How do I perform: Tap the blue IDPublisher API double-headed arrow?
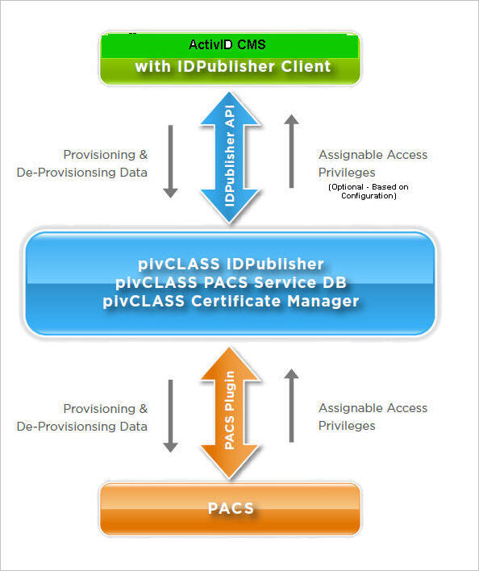pyautogui.click(x=231, y=158)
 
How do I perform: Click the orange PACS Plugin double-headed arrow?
pyautogui.click(x=231, y=411)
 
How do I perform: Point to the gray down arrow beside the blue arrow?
pyautogui.click(x=170, y=161)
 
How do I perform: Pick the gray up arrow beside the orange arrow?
pyautogui.click(x=292, y=405)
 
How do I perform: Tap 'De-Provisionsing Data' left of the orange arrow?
pyautogui.click(x=82, y=427)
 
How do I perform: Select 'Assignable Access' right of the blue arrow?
pyautogui.click(x=373, y=155)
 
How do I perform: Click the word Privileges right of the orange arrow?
pyautogui.click(x=347, y=426)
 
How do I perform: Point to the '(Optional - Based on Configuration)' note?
pyautogui.click(x=368, y=191)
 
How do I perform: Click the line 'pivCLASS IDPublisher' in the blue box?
pyautogui.click(x=231, y=265)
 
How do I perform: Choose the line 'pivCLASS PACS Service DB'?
pyautogui.click(x=231, y=282)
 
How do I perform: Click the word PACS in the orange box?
pyautogui.click(x=231, y=508)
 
